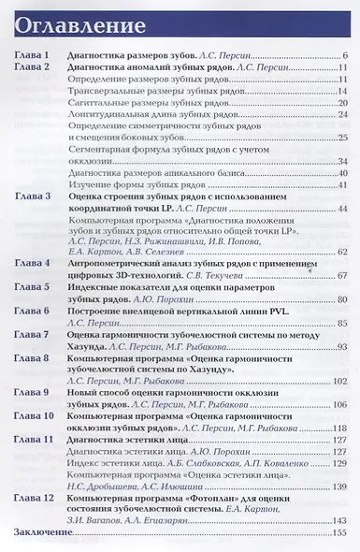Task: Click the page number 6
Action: point(345,56)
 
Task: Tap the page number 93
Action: point(342,345)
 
